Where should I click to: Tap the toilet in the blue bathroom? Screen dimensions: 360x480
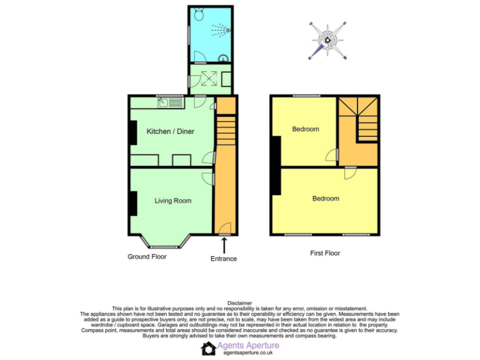(198, 12)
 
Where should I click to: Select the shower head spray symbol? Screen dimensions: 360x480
(221, 29)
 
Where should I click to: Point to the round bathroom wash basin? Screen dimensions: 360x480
(222, 57)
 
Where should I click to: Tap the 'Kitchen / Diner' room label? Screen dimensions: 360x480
(170, 131)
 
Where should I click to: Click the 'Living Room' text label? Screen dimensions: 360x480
(173, 201)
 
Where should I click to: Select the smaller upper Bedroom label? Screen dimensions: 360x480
(306, 129)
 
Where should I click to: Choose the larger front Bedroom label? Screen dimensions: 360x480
(326, 198)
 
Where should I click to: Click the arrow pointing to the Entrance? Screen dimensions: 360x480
(224, 244)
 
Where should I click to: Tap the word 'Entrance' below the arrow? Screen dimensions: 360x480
(224, 259)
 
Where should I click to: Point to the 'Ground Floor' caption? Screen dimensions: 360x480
(148, 257)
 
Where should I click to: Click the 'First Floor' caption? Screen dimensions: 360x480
(325, 253)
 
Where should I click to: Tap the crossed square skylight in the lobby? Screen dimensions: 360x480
(208, 79)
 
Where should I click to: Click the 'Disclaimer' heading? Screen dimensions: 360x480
(239, 303)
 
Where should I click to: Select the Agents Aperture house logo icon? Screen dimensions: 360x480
(208, 348)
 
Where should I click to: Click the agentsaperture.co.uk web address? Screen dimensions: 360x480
(249, 353)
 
